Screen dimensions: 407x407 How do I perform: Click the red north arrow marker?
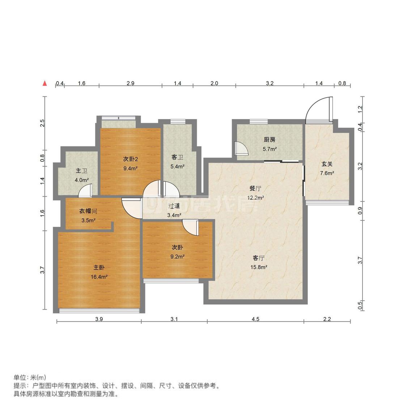[45, 84]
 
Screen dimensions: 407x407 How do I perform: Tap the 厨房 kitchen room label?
[270, 140]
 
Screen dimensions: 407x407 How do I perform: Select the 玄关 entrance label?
[327, 164]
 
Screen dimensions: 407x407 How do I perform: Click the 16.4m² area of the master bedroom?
[99, 277]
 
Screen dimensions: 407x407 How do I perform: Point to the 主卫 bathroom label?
[81, 171]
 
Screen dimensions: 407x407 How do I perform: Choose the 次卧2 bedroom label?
[130, 159]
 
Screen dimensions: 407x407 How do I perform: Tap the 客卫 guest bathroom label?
[177, 157]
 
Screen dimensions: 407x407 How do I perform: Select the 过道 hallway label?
[174, 206]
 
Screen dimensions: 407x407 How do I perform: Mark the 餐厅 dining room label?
[255, 188]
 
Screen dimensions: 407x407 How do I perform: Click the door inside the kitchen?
[241, 148]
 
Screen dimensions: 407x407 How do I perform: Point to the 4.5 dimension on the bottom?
[255, 319]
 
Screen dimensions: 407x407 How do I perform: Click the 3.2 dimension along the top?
[270, 83]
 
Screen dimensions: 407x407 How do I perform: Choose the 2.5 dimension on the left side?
[42, 123]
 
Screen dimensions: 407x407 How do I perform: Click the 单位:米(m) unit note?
[30, 377]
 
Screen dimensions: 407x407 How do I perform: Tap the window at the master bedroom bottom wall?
[99, 310]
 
